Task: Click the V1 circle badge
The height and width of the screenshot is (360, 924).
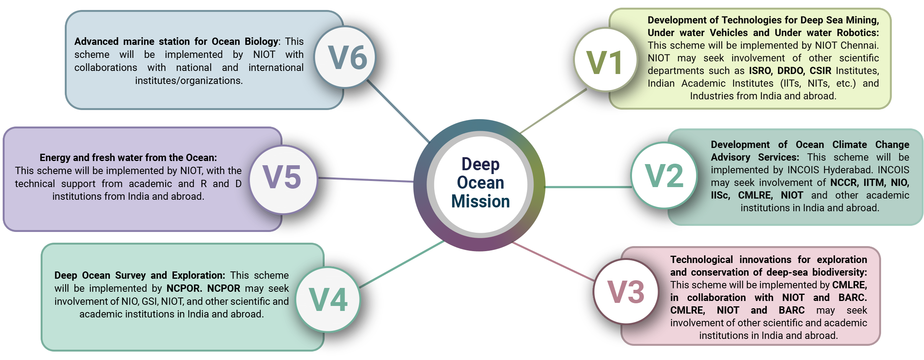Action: click(606, 61)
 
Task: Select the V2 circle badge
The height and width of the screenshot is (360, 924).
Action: click(664, 176)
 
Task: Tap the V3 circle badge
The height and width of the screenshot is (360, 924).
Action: click(626, 292)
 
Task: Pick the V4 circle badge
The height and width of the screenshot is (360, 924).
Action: click(328, 299)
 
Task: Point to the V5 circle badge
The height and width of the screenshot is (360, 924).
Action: click(282, 178)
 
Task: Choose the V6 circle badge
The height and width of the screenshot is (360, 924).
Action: click(346, 58)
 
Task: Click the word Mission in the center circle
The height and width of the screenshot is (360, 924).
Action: click(480, 201)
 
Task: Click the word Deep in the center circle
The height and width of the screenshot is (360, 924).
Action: click(480, 164)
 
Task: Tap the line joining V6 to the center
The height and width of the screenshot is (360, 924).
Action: click(399, 111)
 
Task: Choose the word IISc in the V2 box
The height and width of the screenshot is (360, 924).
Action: click(720, 195)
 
